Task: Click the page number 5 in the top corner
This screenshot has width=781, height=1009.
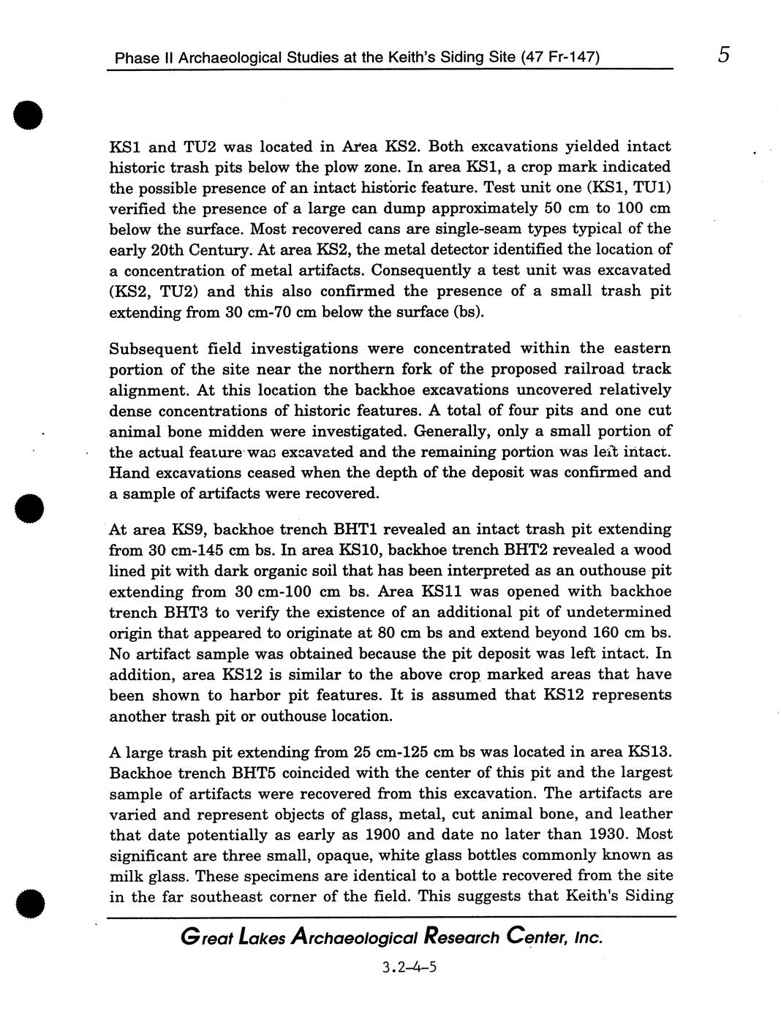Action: pos(723,55)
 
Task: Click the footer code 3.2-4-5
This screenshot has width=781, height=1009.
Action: pos(409,968)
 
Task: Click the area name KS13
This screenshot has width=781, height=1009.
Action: pos(649,752)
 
